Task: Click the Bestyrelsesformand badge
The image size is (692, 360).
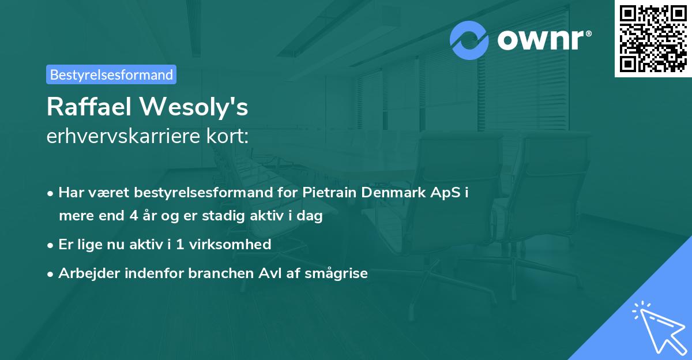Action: [x=111, y=74]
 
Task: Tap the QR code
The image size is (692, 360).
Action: [x=653, y=38]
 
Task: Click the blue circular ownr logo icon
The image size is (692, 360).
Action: [x=469, y=40]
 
